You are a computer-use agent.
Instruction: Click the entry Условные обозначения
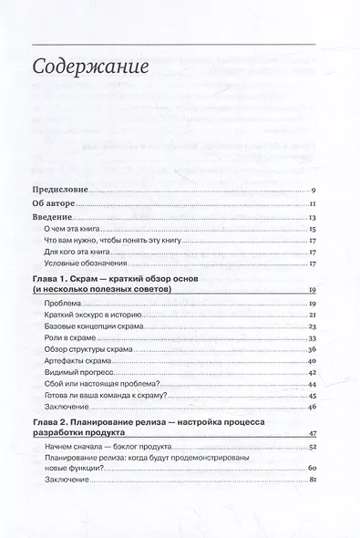click(89, 264)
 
